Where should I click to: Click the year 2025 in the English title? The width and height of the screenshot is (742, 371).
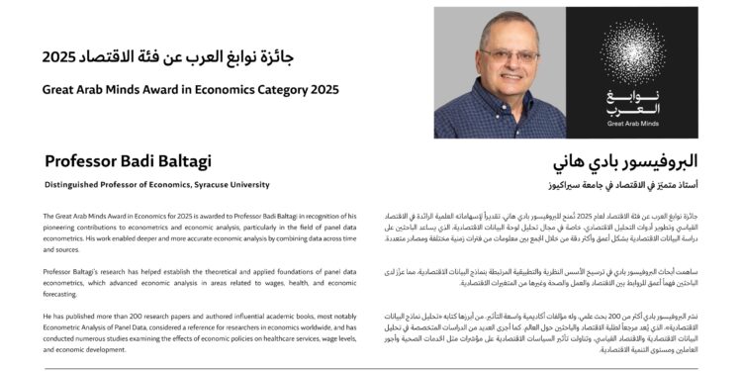pos(322,89)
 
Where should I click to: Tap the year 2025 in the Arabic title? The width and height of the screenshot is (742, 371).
pos(59,56)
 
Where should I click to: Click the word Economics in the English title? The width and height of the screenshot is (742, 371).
pos(223,89)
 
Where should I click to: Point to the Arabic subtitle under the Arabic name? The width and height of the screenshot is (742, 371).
pos(622,184)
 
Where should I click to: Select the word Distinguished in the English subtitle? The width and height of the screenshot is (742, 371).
pos(74,184)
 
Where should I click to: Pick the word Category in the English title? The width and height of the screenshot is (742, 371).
pos(276,89)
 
